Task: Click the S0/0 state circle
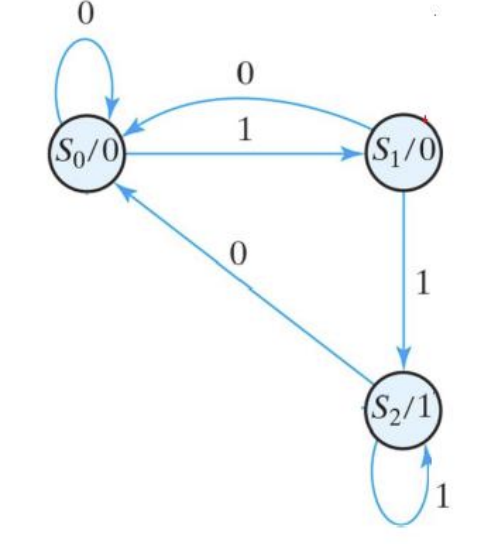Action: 85,154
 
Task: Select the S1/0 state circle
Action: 403,153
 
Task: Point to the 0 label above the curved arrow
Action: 245,72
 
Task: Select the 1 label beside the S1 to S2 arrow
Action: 422,283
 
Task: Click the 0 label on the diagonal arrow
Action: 237,254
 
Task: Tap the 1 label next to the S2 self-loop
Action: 445,495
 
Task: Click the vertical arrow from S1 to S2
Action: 403,280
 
